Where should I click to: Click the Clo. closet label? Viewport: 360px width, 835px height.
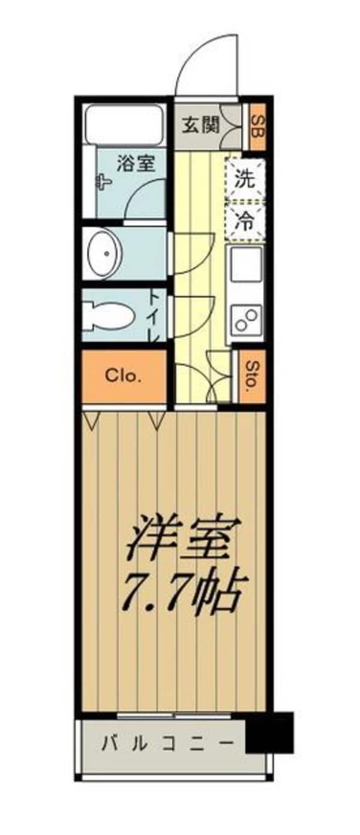[x=123, y=376]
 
